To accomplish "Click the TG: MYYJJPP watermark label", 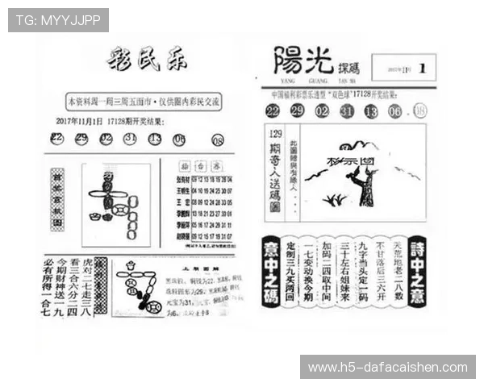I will pyautogui.click(x=57, y=19).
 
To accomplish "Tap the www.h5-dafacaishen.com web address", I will pyautogui.click(x=386, y=368).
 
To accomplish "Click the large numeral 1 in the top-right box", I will pyautogui.click(x=421, y=68).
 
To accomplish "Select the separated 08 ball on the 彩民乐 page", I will pyautogui.click(x=218, y=140).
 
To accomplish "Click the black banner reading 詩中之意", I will pyautogui.click(x=418, y=270).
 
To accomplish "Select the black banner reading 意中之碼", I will pyautogui.click(x=272, y=270).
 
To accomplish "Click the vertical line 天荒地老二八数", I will pyautogui.click(x=398, y=270).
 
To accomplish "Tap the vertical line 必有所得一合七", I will pyautogui.click(x=50, y=286).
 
